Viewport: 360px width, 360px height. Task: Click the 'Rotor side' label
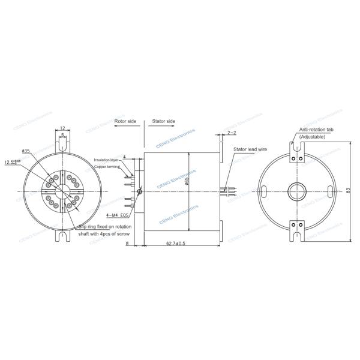[x=125, y=121]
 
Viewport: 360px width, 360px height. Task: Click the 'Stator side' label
[x=163, y=121]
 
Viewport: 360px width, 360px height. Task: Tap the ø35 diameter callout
[x=26, y=151]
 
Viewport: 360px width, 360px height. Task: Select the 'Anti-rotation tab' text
[x=317, y=130]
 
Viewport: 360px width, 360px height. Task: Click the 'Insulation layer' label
[x=107, y=160]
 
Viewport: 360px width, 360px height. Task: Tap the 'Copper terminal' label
[x=107, y=167]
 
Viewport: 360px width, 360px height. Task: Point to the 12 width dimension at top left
[x=63, y=128]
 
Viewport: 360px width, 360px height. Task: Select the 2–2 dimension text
[x=232, y=131]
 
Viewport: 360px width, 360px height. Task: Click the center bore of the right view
[x=296, y=190]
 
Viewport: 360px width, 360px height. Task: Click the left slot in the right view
[x=263, y=190]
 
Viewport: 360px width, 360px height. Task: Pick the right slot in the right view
[x=329, y=190]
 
